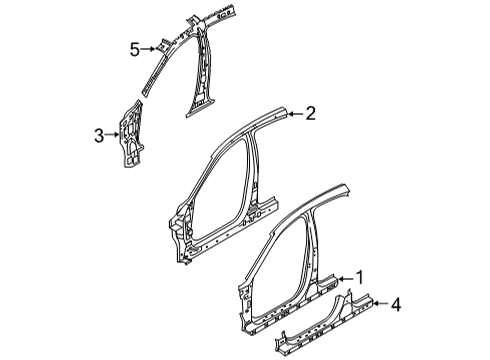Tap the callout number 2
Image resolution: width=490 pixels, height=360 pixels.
pyautogui.click(x=311, y=114)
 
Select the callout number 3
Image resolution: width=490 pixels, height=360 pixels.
pyautogui.click(x=98, y=133)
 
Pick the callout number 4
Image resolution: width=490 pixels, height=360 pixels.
pyautogui.click(x=396, y=303)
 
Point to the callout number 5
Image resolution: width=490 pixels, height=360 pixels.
pyautogui.click(x=133, y=47)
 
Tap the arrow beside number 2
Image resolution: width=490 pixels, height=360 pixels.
pyautogui.click(x=294, y=114)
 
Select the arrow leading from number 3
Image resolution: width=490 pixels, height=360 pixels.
pyautogui.click(x=113, y=133)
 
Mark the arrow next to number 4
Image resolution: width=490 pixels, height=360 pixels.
pyautogui.click(x=378, y=303)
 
